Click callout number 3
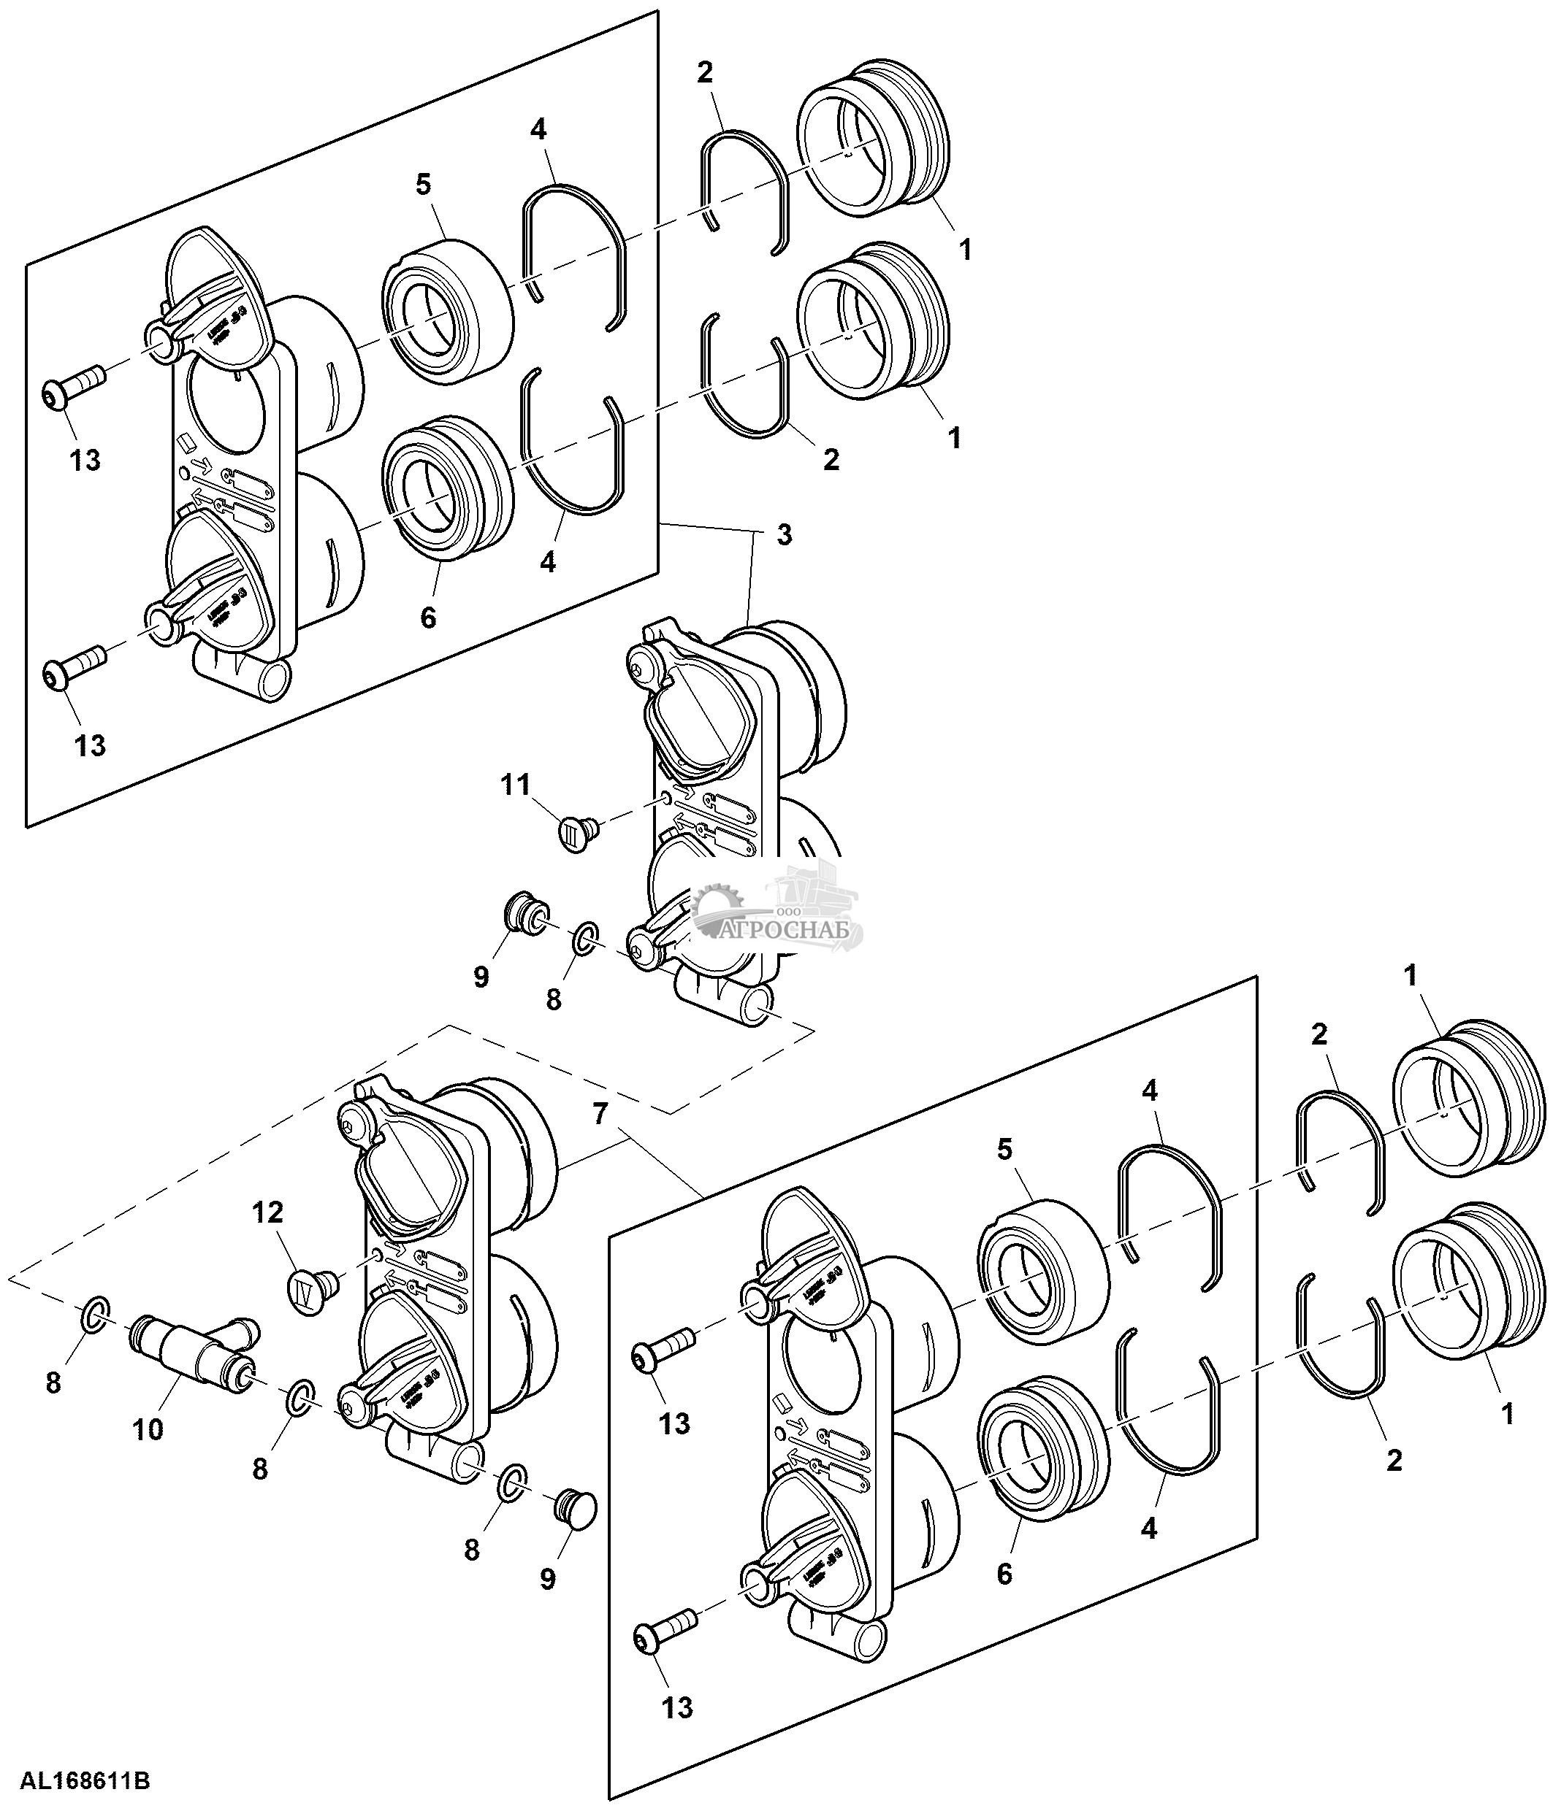785,535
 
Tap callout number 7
599,1113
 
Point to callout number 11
516,785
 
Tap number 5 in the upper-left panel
423,185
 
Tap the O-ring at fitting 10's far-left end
95,1312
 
